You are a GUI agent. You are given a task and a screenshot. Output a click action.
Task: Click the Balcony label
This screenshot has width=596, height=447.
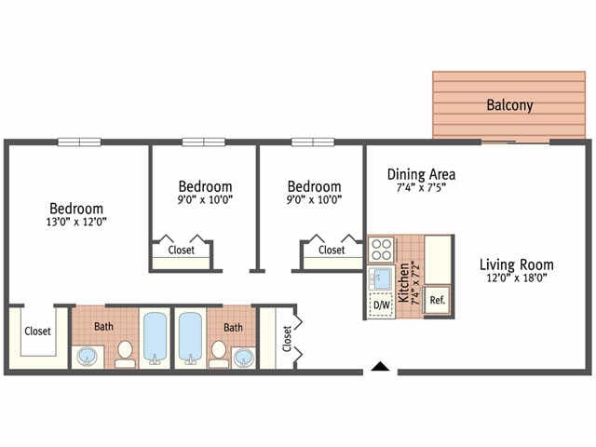pos(510,105)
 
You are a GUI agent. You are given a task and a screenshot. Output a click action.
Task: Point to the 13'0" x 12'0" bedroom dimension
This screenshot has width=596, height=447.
pos(76,223)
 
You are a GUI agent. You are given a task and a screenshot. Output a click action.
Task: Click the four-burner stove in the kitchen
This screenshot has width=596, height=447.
pos(382,250)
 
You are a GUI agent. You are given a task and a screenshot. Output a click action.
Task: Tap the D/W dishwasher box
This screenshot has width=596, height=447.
pos(382,305)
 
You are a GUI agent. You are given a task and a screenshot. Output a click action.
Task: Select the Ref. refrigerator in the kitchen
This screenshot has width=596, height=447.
pos(437,300)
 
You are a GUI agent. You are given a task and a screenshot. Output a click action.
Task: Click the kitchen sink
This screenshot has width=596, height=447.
pos(381,278)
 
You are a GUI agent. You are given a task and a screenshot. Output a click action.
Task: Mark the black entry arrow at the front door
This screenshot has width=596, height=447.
pos(379,366)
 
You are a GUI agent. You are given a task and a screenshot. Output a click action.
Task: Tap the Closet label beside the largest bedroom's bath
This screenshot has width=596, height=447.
pos(37,331)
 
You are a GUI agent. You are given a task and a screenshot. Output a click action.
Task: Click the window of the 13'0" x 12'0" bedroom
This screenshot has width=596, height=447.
pos(79,142)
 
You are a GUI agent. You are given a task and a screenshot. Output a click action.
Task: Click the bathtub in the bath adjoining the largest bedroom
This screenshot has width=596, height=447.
pos(155,338)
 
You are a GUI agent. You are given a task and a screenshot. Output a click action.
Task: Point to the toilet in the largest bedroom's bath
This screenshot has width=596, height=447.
pos(125,353)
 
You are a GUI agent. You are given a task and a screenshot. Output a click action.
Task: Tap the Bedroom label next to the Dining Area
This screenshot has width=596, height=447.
pos(314,186)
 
